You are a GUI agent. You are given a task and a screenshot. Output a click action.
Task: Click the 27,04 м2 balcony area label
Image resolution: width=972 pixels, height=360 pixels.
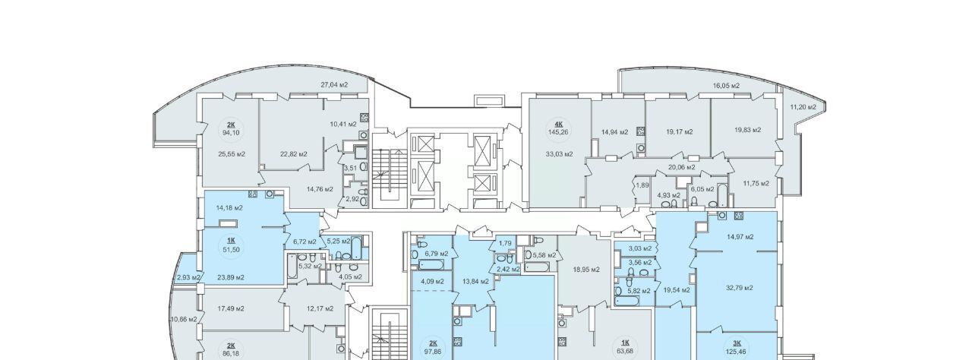pyautogui.click(x=334, y=85)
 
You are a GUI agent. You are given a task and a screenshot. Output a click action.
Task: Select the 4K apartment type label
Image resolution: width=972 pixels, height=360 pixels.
pyautogui.click(x=552, y=124)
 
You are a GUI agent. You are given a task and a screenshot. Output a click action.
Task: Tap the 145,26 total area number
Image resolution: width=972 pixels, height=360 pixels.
pyautogui.click(x=552, y=131)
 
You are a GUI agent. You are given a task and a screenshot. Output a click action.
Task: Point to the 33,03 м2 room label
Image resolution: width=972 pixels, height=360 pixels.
pyautogui.click(x=560, y=154)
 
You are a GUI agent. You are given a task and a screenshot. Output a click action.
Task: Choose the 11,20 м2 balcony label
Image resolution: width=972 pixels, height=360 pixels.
pyautogui.click(x=803, y=106)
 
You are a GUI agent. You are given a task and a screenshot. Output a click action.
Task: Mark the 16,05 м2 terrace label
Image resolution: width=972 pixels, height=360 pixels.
pyautogui.click(x=727, y=86)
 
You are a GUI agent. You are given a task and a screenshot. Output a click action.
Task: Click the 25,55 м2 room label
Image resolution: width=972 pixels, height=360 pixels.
pyautogui.click(x=232, y=154)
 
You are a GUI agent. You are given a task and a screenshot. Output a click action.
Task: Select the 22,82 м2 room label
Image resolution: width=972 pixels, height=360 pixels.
pyautogui.click(x=294, y=154)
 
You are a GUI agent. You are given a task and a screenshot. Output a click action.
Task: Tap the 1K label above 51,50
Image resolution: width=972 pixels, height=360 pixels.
pyautogui.click(x=231, y=242)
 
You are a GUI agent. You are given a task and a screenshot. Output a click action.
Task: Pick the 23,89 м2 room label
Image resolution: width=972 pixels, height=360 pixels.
pyautogui.click(x=230, y=277)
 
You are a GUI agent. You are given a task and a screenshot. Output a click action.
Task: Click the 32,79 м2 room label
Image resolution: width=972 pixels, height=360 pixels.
pyautogui.click(x=739, y=288)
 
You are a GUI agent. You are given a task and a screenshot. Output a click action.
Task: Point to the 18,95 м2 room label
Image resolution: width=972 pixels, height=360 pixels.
pyautogui.click(x=586, y=270)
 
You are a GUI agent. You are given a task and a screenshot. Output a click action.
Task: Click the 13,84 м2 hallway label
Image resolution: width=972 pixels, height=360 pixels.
pyautogui.click(x=475, y=281)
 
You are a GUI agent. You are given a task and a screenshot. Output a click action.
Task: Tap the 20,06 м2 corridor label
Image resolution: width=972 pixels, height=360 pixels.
pyautogui.click(x=682, y=167)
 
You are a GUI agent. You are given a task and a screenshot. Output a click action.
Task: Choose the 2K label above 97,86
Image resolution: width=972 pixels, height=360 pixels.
pyautogui.click(x=432, y=344)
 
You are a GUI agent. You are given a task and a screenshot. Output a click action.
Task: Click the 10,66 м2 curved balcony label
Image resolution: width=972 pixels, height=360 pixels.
pyautogui.click(x=184, y=319)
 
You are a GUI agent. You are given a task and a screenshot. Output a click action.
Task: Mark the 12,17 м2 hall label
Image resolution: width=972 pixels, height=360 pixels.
pyautogui.click(x=320, y=309)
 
